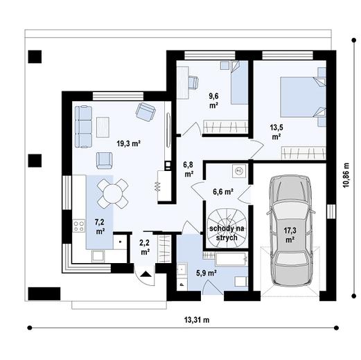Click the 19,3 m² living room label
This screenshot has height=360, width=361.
click(128, 143)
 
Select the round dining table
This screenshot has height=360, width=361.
click(111, 193)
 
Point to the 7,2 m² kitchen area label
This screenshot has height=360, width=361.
click(100, 226)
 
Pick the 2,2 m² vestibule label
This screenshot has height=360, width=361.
click(145, 247)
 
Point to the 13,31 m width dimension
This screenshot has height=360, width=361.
click(197, 321)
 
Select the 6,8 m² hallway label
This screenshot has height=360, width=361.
click(188, 169)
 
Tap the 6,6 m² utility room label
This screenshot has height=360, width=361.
click(221, 191)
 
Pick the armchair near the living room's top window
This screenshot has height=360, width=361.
click(146, 110)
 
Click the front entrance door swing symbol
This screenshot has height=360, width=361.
click(147, 277)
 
